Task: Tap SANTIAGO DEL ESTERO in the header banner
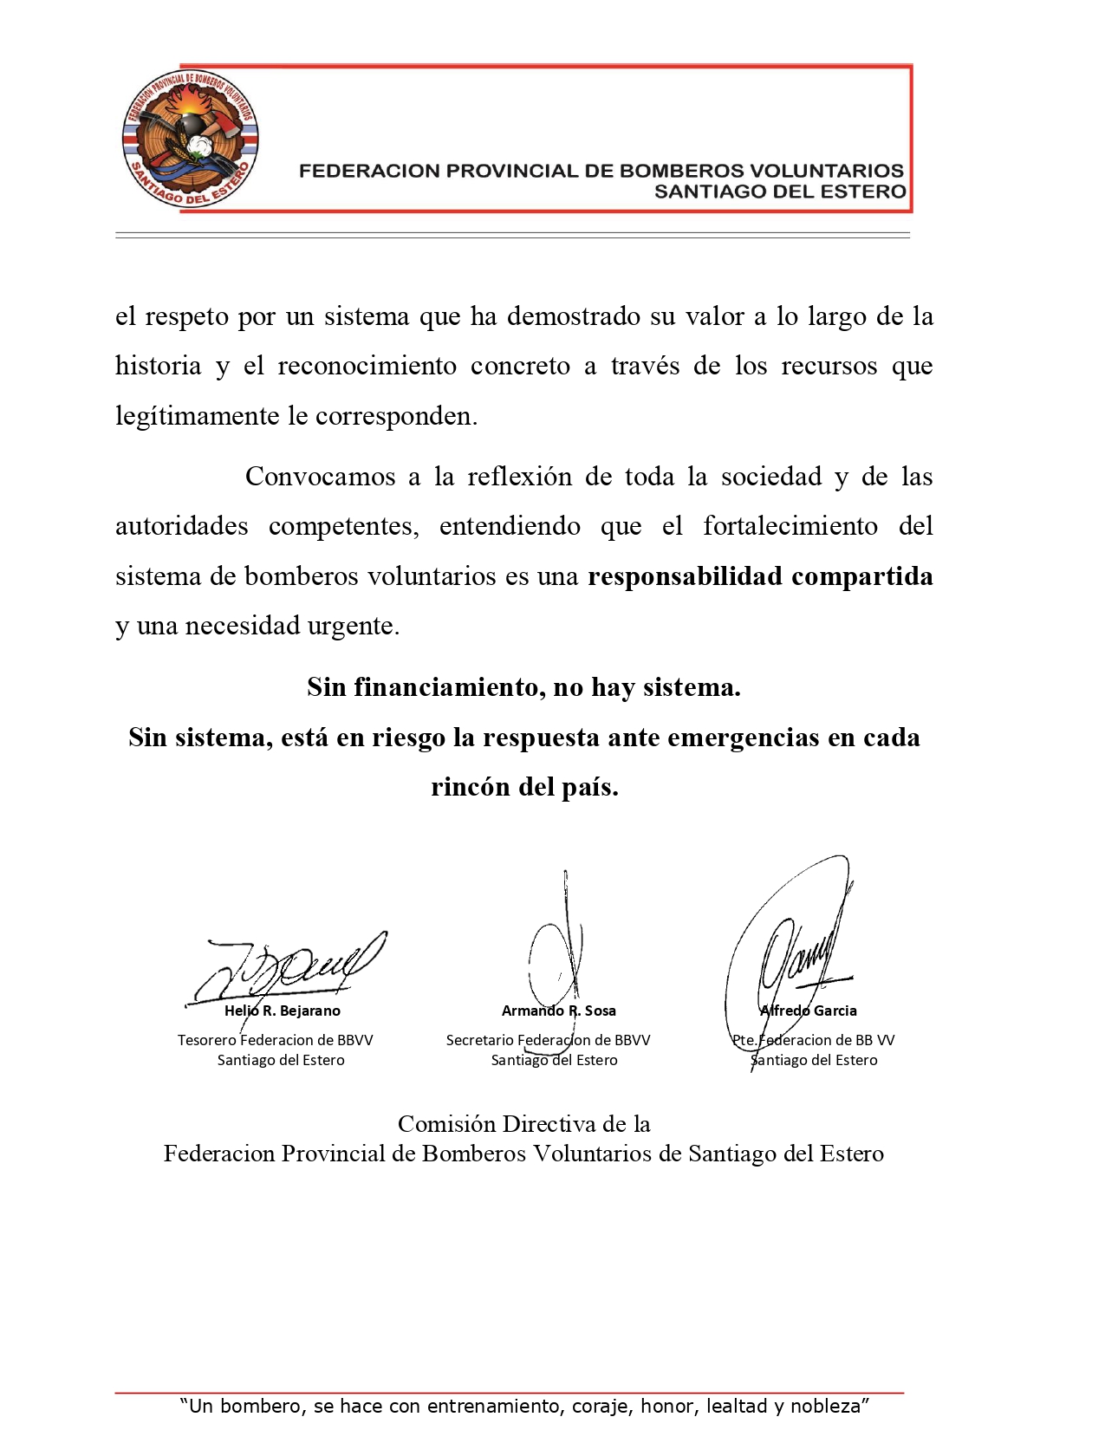point(779,192)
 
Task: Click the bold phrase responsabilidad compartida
point(760,576)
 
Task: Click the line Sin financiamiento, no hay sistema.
point(523,687)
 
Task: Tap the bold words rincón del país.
point(523,787)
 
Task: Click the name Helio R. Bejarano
point(283,1011)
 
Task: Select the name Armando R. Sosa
point(558,1011)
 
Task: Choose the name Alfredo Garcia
point(808,1011)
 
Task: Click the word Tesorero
point(206,1040)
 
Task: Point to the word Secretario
point(479,1040)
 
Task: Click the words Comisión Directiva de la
point(523,1124)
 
